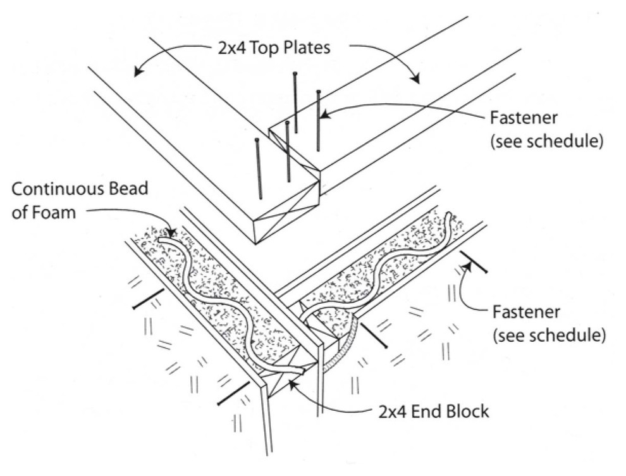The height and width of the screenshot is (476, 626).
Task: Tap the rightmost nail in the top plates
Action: coord(318,120)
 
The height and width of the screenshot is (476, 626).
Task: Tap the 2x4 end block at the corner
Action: coord(285,383)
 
